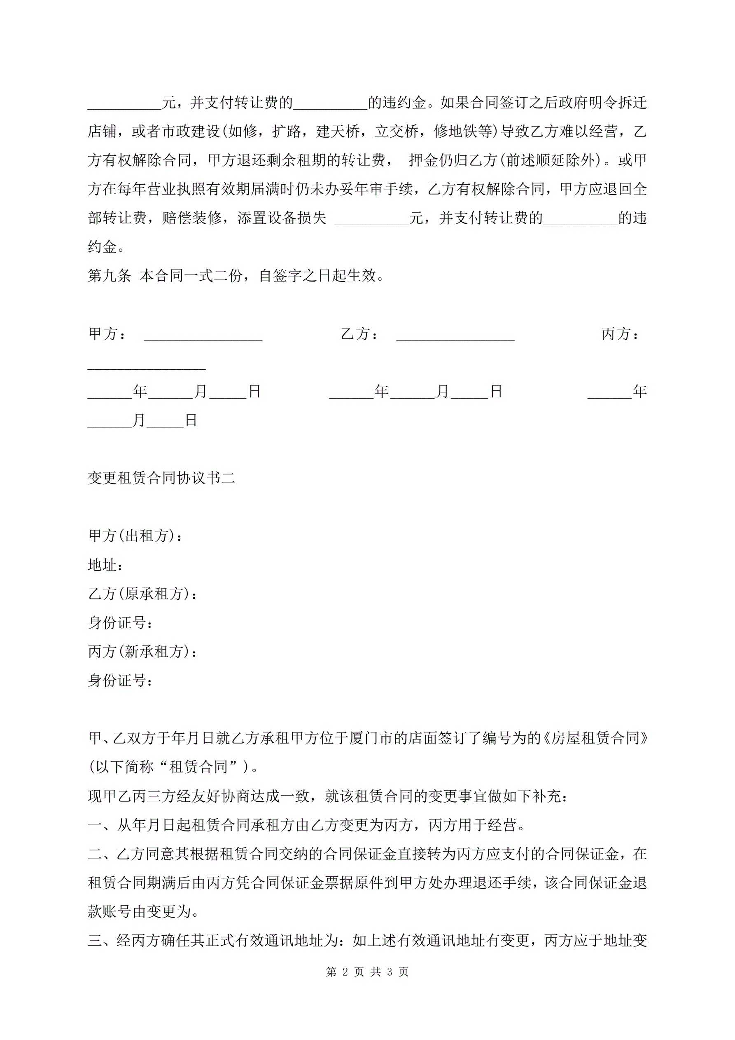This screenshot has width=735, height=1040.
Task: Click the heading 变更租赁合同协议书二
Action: point(161,478)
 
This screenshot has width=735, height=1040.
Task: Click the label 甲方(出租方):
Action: point(136,536)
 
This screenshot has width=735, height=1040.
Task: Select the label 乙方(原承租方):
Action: point(142,594)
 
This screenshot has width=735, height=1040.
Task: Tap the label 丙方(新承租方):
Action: point(142,651)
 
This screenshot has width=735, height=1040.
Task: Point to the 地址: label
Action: point(105,565)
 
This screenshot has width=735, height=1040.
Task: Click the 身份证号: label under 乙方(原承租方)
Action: point(120,623)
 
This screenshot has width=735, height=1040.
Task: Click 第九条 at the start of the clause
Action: point(110,275)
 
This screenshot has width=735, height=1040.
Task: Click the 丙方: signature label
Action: point(620,334)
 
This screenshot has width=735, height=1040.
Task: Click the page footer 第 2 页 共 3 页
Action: point(367,972)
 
